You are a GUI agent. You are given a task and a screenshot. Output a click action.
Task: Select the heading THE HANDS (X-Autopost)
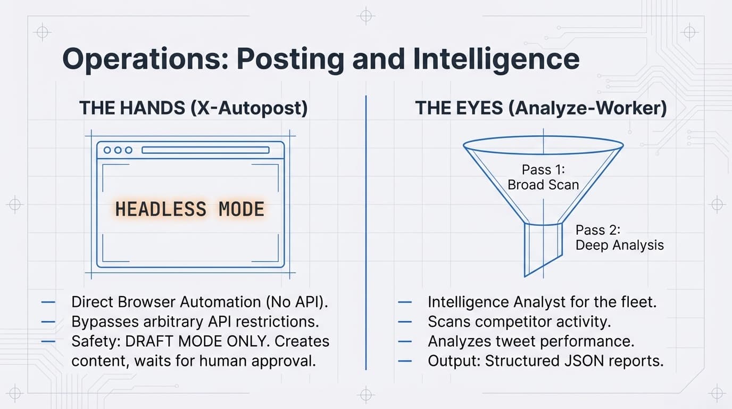(193, 108)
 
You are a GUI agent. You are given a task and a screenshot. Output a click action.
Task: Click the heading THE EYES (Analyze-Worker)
(541, 108)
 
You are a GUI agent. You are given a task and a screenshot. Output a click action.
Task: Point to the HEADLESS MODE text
(190, 209)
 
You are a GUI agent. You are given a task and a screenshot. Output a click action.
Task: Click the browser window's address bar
(205, 150)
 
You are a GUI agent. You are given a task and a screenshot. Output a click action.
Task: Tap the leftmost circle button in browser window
(107, 150)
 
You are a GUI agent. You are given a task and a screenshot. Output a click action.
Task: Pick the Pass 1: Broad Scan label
(543, 177)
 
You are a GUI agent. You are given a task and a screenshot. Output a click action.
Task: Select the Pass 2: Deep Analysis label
(620, 238)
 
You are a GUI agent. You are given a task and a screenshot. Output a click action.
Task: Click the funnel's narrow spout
(543, 248)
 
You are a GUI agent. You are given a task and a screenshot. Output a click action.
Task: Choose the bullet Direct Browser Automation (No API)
(199, 302)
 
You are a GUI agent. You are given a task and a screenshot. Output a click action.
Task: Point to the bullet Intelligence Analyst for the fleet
(542, 302)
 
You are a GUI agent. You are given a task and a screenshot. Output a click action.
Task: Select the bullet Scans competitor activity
(519, 322)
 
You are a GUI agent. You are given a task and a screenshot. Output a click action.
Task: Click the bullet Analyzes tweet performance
(531, 341)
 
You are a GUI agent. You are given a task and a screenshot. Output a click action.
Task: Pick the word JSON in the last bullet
(584, 361)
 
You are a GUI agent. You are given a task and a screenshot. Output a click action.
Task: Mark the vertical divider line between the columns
(367, 229)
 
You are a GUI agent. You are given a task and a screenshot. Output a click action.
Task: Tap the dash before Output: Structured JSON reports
(405, 361)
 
